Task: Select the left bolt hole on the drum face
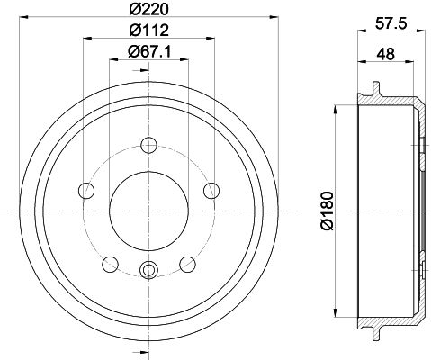[x=87, y=190]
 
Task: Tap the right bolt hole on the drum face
[x=212, y=190]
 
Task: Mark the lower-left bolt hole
[x=111, y=263]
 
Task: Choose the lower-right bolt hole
[x=188, y=263]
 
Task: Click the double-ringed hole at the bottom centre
[x=149, y=268]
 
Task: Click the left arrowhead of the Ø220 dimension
[x=22, y=20]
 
